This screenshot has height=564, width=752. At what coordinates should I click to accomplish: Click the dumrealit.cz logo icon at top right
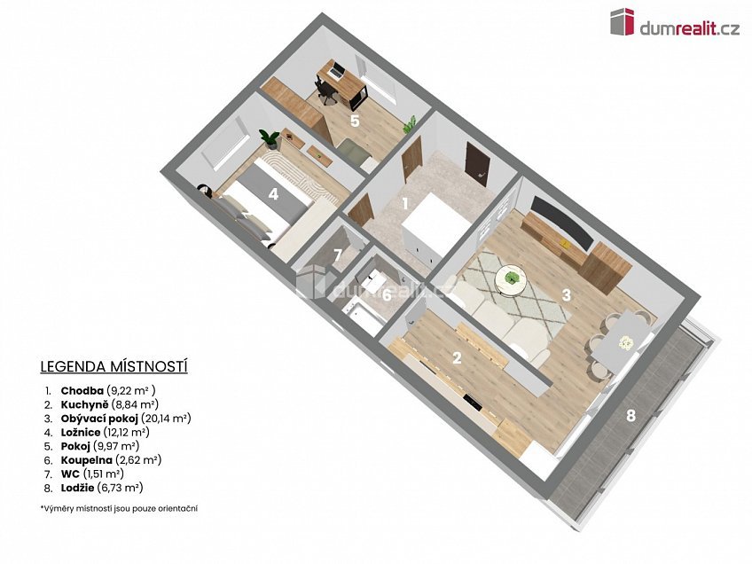coord(623,22)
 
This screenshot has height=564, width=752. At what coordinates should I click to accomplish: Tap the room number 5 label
coord(355,121)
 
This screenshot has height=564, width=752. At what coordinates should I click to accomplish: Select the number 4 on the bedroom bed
coord(273,194)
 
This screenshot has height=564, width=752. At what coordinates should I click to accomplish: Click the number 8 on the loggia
coord(631,415)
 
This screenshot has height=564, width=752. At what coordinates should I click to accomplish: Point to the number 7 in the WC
coord(338,255)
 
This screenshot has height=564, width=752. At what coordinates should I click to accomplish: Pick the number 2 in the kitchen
coord(457,357)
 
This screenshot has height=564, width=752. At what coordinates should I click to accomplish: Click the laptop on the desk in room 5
coord(336,71)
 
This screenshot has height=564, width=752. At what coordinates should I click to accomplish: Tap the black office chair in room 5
coord(325,91)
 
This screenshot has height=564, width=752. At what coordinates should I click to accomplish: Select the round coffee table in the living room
coord(512,279)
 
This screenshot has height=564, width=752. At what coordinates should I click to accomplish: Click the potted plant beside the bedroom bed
coord(270,138)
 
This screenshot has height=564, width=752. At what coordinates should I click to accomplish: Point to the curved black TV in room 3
coord(561,223)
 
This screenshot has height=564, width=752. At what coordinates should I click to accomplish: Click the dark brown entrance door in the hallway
coord(477,165)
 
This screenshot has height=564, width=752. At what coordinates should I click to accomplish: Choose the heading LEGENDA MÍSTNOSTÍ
coord(114,367)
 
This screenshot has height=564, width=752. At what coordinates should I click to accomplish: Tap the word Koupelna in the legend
coord(86,460)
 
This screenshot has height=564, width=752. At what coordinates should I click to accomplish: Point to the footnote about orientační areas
coord(119,508)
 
